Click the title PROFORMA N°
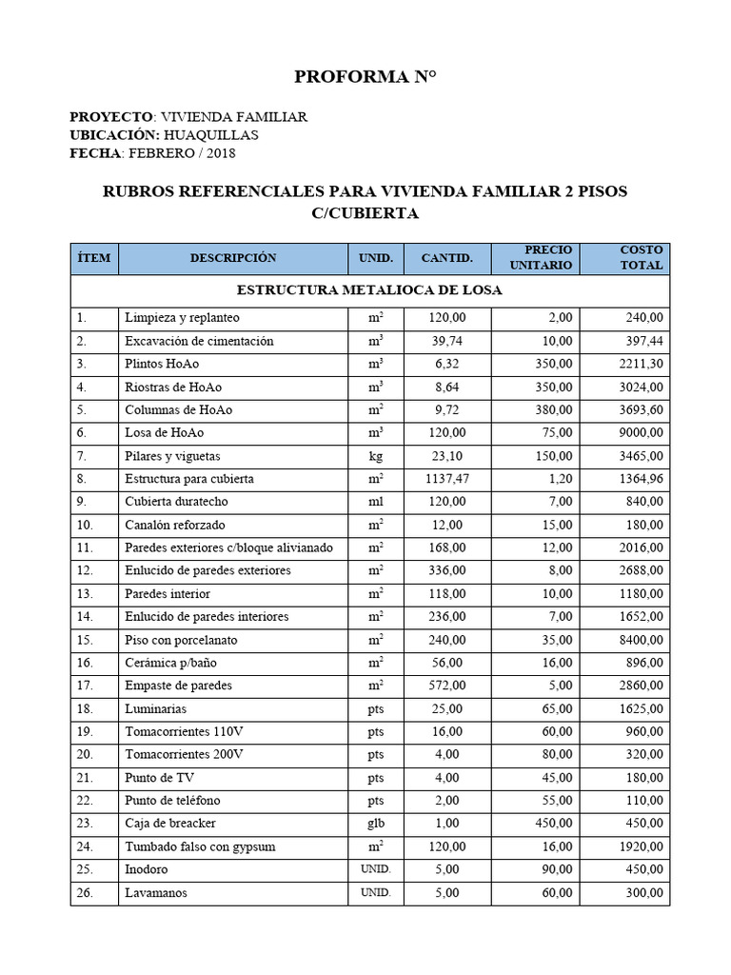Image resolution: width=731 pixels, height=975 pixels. (x=365, y=76)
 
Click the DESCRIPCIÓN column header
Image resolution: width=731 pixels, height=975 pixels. (x=233, y=258)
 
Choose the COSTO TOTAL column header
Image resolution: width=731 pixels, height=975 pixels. (x=641, y=257)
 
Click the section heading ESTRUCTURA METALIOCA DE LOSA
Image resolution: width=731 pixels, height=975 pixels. (x=369, y=289)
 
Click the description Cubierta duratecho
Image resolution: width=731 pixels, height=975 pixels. (x=176, y=502)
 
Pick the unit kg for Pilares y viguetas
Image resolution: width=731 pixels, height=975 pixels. (x=376, y=456)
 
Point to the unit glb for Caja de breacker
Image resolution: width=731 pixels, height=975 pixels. (x=376, y=824)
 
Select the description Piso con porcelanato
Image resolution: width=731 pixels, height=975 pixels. (x=182, y=640)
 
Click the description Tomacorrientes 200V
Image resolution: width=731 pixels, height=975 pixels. (x=184, y=754)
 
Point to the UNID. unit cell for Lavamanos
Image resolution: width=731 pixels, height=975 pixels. (x=376, y=893)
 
